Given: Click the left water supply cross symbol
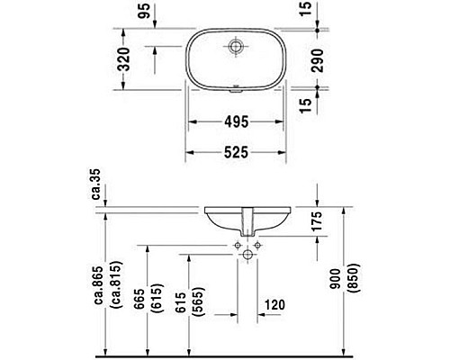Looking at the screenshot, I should (235, 244).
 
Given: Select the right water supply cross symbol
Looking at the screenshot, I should (257, 244).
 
